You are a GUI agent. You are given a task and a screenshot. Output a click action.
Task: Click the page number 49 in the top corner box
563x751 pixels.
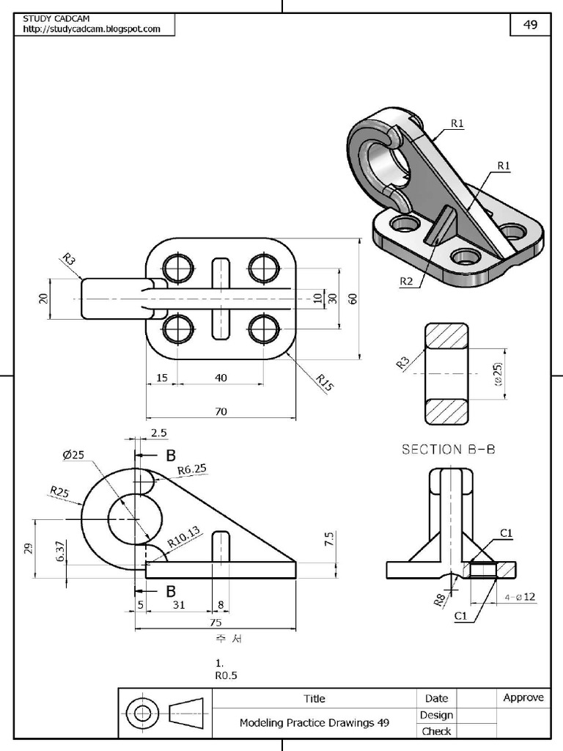pyautogui.click(x=529, y=25)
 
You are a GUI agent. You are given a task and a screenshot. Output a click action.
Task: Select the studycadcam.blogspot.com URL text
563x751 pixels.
pyautogui.click(x=92, y=29)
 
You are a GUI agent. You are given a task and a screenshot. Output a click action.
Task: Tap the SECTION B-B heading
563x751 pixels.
pyautogui.click(x=448, y=450)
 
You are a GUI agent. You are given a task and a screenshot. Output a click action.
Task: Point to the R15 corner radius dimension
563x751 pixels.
pyautogui.click(x=323, y=382)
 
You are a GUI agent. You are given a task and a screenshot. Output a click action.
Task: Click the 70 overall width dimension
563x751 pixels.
pyautogui.click(x=221, y=412)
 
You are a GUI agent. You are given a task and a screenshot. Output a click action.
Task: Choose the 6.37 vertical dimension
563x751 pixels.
pyautogui.click(x=61, y=551)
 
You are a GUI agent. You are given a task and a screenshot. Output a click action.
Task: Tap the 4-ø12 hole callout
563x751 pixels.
pyautogui.click(x=520, y=597)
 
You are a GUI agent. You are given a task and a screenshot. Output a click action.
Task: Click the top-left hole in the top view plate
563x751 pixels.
pyautogui.click(x=177, y=268)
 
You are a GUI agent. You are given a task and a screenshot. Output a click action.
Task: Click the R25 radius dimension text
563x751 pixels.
pyautogui.click(x=60, y=492)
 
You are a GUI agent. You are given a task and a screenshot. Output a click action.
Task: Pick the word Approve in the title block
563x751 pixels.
pyautogui.click(x=523, y=697)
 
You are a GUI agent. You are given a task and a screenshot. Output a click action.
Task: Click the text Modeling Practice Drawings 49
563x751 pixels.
pyautogui.click(x=314, y=722)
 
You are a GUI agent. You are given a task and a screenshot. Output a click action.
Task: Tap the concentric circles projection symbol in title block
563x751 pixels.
pyautogui.click(x=143, y=713)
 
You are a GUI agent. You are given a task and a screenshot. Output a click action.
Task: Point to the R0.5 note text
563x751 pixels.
pyautogui.click(x=227, y=676)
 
